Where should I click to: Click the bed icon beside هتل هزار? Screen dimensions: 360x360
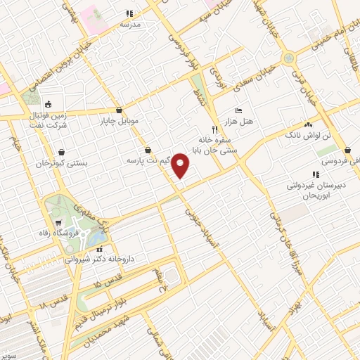tap(238, 112)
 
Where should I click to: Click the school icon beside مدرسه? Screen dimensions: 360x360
tap(129, 13)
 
